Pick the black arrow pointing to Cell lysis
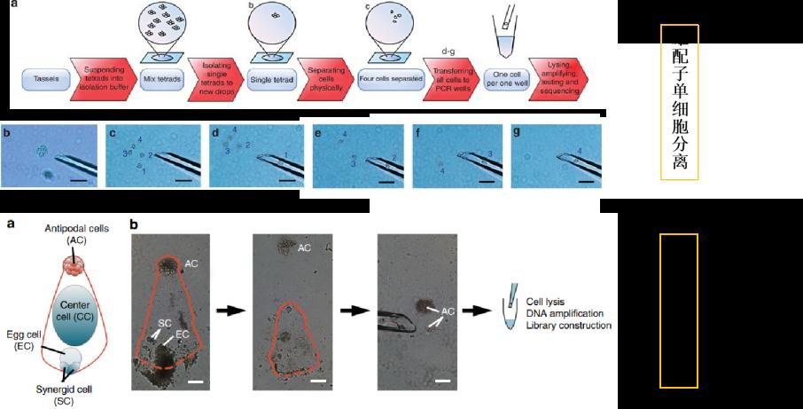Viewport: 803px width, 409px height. tap(482, 311)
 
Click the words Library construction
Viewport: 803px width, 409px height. tap(568, 326)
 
